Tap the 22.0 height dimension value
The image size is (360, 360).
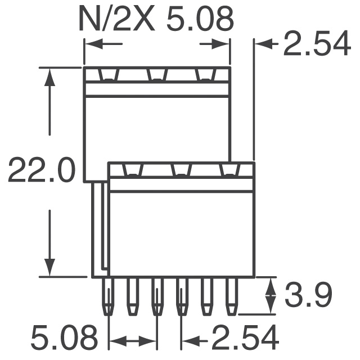click(x=42, y=170)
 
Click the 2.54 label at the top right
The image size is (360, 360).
click(x=317, y=43)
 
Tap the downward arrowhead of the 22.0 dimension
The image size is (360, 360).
click(x=49, y=268)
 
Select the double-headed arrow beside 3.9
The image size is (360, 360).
click(x=271, y=295)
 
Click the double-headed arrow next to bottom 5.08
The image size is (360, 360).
click(x=133, y=341)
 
